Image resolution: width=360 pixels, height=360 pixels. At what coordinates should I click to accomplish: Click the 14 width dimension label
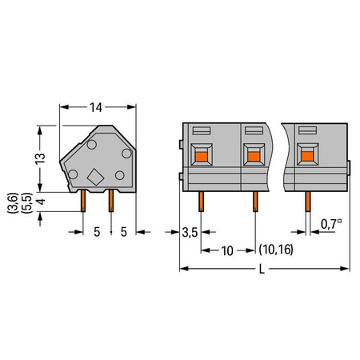pos(96,107)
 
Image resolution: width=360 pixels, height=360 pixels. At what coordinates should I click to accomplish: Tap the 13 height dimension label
pos(41,158)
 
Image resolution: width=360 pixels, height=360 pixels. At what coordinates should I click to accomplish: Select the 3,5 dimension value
pos(190,233)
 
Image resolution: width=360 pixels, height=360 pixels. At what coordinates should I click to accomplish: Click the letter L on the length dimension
pos(262,270)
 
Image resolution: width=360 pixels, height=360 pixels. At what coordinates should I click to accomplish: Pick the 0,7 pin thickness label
pos(331,224)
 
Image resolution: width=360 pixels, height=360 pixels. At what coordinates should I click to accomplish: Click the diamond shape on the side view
pos(95,177)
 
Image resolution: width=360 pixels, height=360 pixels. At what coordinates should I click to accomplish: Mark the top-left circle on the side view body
pos(92,145)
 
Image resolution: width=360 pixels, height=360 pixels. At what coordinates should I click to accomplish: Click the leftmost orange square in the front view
pos(202,157)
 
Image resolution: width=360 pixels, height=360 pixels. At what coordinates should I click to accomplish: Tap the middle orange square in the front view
pos(254,157)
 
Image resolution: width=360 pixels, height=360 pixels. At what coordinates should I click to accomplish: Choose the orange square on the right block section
pos(307,156)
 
